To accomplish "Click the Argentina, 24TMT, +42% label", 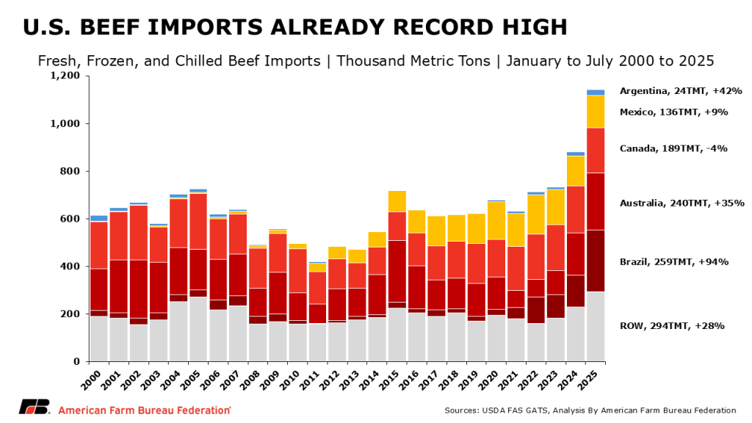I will (x=680, y=91).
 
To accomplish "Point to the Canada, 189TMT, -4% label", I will (x=673, y=148).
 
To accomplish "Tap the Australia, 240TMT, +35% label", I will (x=681, y=203).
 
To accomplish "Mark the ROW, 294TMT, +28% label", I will (x=672, y=325).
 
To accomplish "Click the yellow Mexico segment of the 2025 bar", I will (x=595, y=112).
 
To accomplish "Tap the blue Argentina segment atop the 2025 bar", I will (x=595, y=93).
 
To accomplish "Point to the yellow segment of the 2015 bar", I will (x=397, y=201).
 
